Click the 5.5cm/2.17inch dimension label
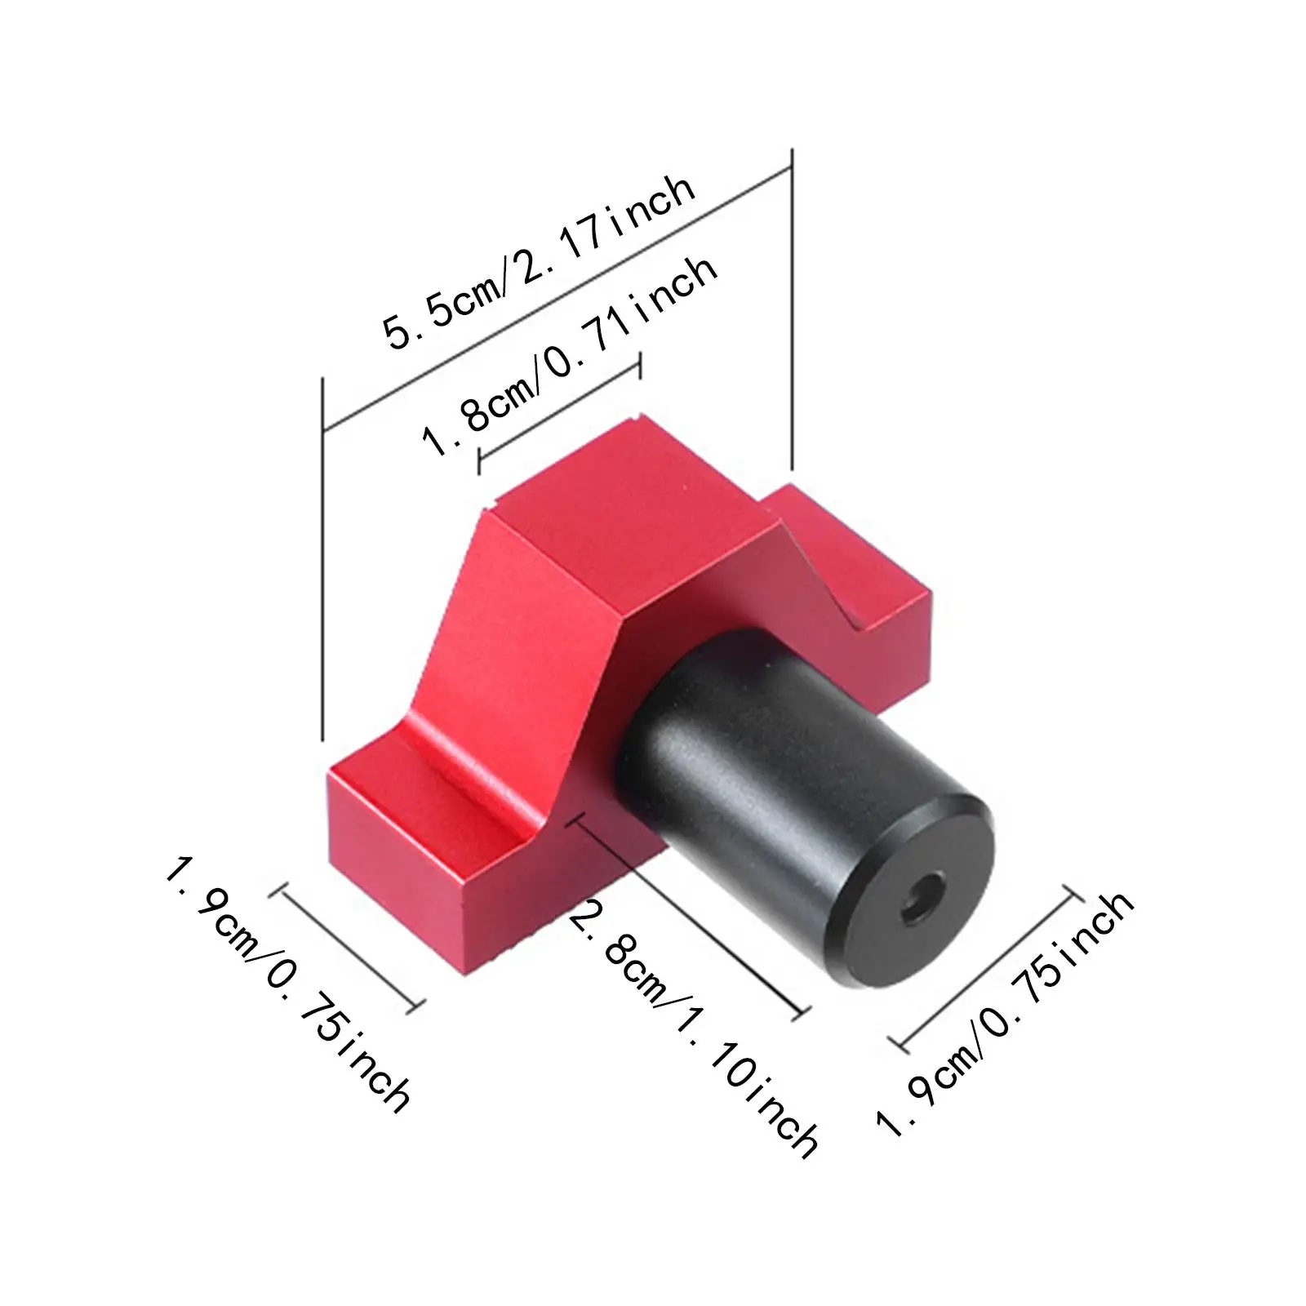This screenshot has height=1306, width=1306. pos(540,263)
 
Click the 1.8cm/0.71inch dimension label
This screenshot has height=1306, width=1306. pos(569,356)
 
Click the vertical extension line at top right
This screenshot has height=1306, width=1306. pos(792,310)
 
